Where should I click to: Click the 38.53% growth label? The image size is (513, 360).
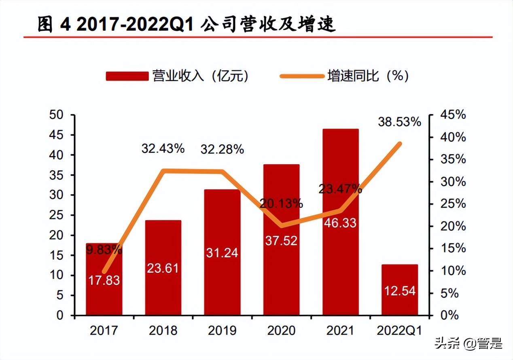(x=400, y=121)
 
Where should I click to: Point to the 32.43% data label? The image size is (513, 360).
(x=163, y=148)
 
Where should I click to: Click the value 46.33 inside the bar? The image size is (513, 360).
(x=340, y=222)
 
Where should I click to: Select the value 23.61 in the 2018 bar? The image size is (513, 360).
(x=163, y=268)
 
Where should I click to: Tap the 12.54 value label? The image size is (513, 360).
(x=399, y=290)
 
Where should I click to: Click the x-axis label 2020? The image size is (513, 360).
(x=281, y=331)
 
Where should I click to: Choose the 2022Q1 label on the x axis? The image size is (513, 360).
(x=399, y=331)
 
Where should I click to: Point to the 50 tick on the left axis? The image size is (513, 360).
(x=57, y=115)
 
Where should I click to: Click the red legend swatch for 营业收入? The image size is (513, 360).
(x=127, y=76)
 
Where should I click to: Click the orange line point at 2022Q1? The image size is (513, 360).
(x=399, y=144)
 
